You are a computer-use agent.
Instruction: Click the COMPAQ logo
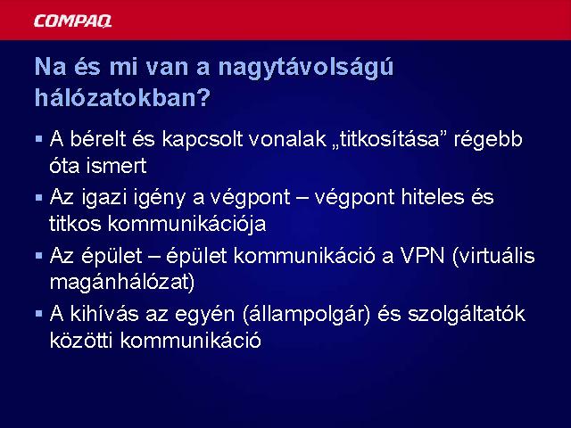tap(72, 21)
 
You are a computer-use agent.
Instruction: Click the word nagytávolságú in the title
tap(306, 69)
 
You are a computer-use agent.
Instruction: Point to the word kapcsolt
tap(203, 141)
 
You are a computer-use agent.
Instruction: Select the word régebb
tap(488, 141)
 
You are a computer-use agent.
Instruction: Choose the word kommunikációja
tap(187, 225)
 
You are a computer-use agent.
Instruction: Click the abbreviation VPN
tap(423, 256)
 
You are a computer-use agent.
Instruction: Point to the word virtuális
tap(493, 256)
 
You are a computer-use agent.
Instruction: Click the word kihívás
tap(104, 314)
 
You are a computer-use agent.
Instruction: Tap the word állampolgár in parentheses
tap(307, 315)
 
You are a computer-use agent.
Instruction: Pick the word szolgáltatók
tap(467, 315)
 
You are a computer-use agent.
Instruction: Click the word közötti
tap(81, 340)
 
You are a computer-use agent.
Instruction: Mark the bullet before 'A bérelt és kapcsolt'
tap(39, 139)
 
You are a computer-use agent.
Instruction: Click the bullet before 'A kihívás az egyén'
tap(39, 314)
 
